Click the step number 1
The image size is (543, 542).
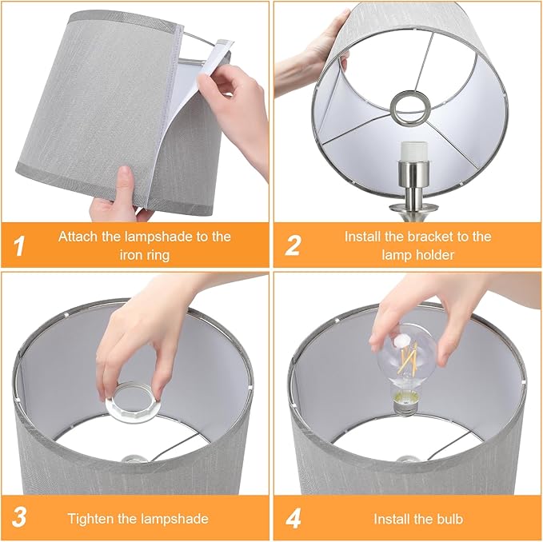[x=19, y=245]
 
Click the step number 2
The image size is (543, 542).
[x=292, y=245]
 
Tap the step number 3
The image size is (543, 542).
[x=19, y=518]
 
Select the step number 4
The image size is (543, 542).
[x=293, y=518]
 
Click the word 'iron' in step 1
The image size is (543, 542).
[x=131, y=255]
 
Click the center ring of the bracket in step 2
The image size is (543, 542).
[x=409, y=109]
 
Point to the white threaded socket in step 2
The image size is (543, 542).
[x=413, y=151]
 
